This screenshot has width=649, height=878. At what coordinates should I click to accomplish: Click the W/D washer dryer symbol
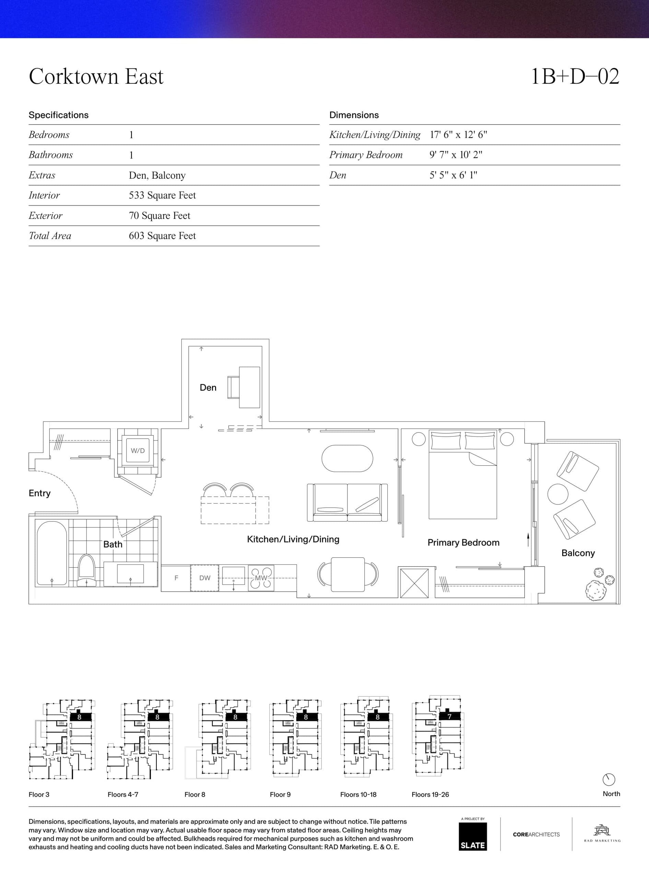pos(138,451)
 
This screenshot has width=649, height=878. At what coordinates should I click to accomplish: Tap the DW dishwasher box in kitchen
pos(205,578)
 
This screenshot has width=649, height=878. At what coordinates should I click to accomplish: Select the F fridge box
pos(176,578)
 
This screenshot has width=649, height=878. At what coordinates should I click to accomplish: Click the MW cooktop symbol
pos(261,578)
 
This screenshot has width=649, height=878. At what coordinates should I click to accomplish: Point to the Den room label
pos(208,388)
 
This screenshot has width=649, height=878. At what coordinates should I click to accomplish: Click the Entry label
pos(39,494)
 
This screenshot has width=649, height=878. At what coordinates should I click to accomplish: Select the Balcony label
pos(578,553)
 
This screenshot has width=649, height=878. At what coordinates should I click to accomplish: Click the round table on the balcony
pos(558,494)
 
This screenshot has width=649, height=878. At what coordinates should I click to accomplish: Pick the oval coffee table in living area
pos(347,459)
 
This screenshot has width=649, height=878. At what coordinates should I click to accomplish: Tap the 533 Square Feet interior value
pos(162,195)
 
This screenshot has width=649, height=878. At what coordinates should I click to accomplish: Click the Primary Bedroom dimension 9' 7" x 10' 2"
pos(456,155)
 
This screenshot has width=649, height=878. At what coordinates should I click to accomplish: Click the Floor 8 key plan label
pos(195,794)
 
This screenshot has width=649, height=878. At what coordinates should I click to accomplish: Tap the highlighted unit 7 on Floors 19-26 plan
pos(449,716)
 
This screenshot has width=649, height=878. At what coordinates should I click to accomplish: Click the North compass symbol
pos(609,780)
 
